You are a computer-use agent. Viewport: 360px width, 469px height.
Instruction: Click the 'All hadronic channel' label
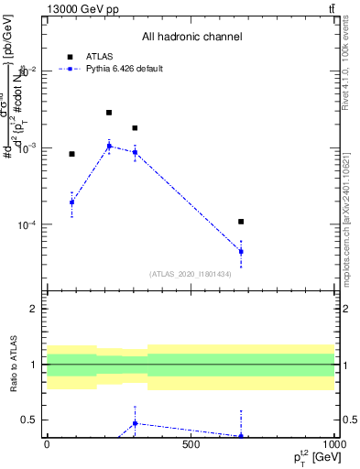pos(191,37)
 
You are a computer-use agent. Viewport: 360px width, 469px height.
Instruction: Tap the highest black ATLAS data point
pos(109,113)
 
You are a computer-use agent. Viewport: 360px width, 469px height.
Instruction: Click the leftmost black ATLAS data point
pos(71,154)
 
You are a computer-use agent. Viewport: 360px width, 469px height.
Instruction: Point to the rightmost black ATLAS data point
pos(241,222)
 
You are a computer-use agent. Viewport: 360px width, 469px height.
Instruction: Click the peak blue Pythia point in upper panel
pos(109,146)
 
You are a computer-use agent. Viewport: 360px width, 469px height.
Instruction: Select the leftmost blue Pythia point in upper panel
pos(71,202)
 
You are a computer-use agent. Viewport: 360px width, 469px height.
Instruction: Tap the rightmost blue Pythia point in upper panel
pos(241,251)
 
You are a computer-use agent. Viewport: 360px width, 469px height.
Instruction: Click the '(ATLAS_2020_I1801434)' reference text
pos(191,274)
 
